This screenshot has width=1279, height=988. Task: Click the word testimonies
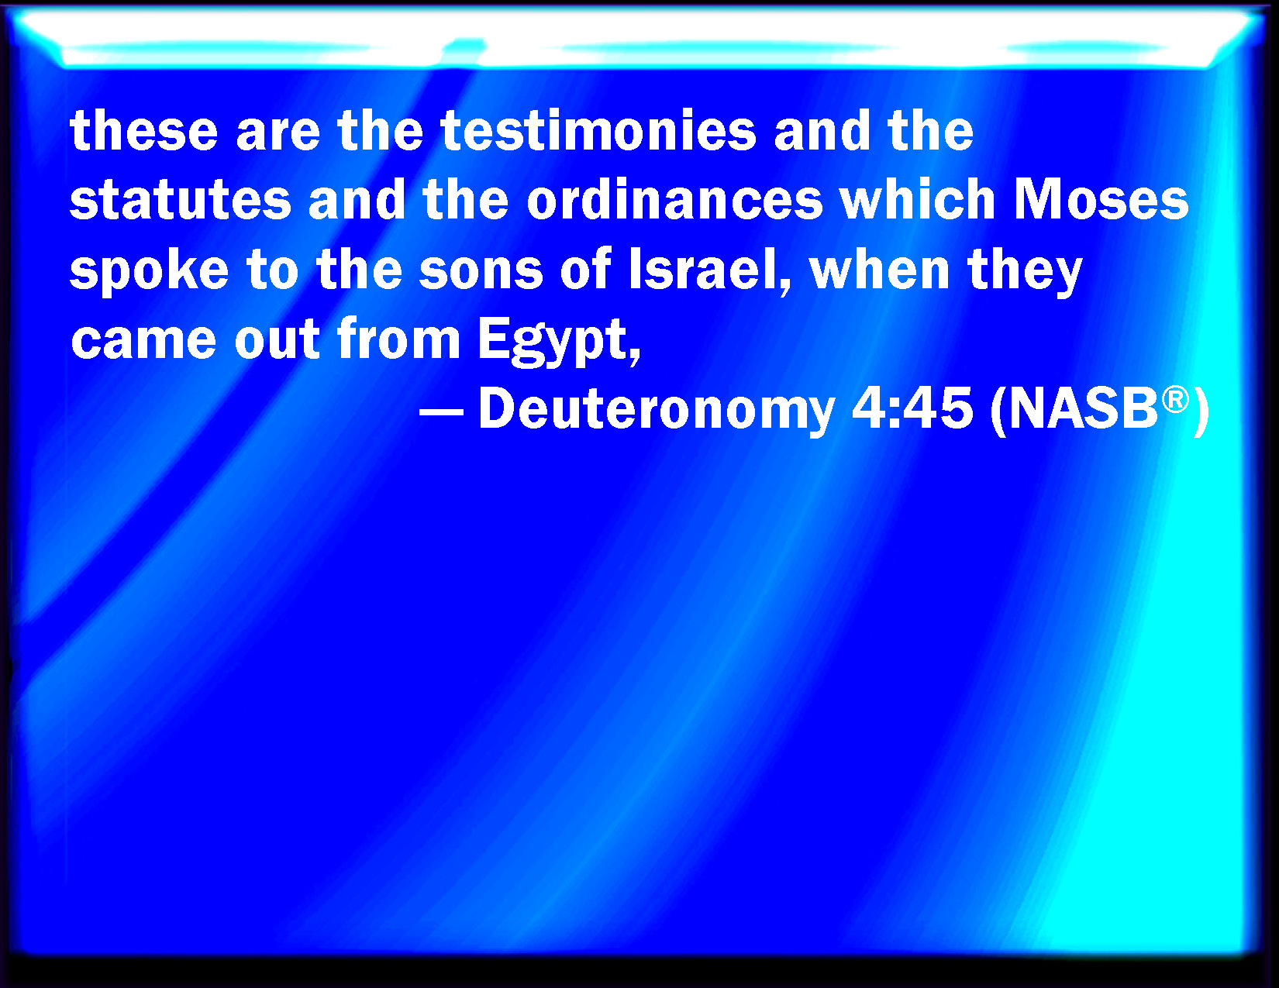598,130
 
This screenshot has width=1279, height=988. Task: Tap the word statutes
181,200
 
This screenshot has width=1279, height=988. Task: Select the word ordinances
674,199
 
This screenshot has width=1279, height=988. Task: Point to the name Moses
1101,199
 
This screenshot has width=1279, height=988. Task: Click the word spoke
150,271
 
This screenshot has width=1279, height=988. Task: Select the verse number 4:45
912,410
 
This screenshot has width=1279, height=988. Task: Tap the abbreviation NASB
1083,410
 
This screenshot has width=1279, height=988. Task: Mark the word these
144,130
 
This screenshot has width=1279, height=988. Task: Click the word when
879,270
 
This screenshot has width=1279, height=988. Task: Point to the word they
1025,271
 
